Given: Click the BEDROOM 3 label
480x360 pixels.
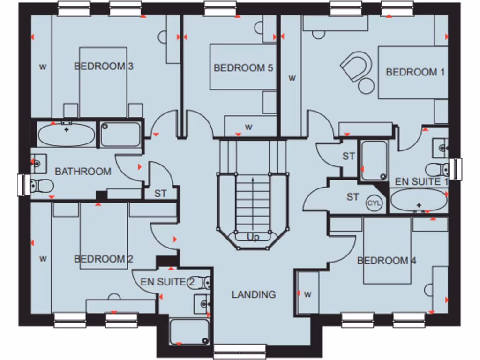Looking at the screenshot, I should [104, 66].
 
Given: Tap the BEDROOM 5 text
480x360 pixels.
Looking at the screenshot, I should [243, 68].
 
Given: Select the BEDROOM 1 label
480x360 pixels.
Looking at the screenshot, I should [415, 72].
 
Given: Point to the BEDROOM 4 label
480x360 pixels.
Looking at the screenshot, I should [387, 261].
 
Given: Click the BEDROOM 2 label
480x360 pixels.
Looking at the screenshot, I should [104, 259].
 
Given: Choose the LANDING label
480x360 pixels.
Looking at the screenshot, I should [254, 294].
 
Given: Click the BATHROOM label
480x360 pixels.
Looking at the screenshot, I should [83, 172].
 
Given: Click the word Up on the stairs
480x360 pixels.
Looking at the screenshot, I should [253, 238].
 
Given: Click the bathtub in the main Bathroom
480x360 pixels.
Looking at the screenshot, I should [66, 135].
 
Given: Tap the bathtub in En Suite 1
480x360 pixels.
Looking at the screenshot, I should [419, 201].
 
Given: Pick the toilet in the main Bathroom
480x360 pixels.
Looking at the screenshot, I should [41, 186].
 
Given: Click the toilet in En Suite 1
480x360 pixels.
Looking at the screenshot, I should [437, 169].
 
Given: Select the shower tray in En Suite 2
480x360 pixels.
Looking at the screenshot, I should [189, 332].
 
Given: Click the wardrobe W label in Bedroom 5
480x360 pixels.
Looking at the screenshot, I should [249, 127].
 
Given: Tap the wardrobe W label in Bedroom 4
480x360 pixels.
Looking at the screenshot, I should [308, 294].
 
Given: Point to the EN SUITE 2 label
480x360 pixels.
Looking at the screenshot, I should [167, 282].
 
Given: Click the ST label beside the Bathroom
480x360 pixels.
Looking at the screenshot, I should [161, 193].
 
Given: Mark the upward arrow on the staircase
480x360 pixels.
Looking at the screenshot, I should [253, 197].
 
